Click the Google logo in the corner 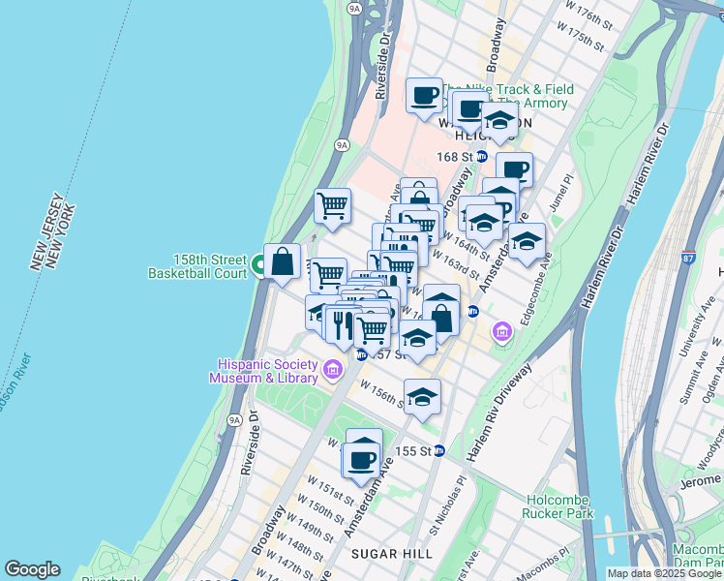pyautogui.click(x=32, y=569)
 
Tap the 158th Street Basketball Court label pyautogui.click(x=197, y=266)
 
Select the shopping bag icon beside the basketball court pyautogui.click(x=282, y=262)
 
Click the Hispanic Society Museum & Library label pyautogui.click(x=267, y=371)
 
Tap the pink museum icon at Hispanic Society pyautogui.click(x=332, y=369)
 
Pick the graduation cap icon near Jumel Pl pyautogui.click(x=527, y=241)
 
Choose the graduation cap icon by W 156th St pyautogui.click(x=422, y=396)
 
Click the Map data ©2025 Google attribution pyautogui.click(x=664, y=573)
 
